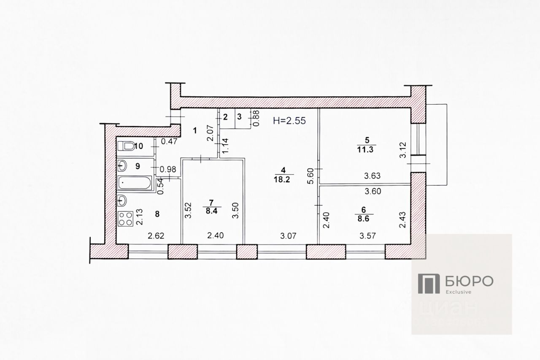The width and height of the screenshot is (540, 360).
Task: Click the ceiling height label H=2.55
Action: coord(289,120)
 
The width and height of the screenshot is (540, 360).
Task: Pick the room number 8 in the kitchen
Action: coord(157,214)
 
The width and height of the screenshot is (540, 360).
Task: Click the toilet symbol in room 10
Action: coord(125,146)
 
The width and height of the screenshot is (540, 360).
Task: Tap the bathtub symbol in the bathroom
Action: coord(134,184)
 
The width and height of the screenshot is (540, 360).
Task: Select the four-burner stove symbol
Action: coord(125,219)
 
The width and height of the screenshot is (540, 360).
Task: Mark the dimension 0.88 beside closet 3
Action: coord(256,119)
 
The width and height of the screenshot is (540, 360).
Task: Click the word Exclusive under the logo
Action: coord(458,292)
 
